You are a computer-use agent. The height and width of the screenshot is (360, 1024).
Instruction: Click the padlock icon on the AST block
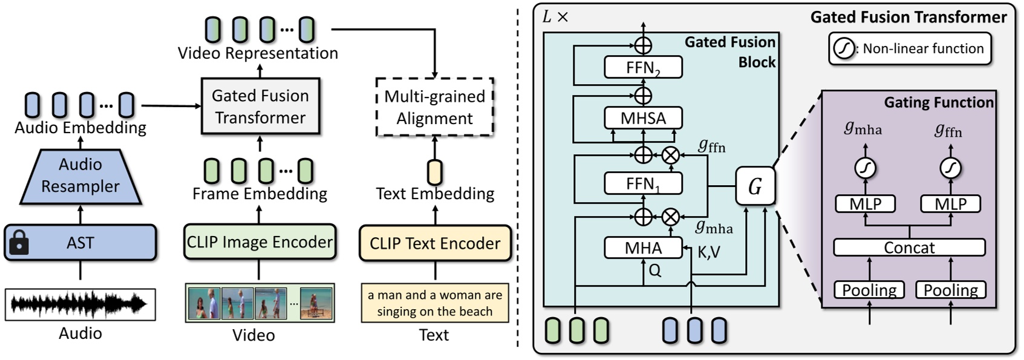point(19,243)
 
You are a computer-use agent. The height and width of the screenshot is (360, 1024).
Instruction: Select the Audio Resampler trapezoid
point(80,175)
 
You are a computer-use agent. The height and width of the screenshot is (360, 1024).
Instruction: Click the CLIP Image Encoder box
point(259,243)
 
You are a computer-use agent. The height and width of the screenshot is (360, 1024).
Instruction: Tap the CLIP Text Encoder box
point(435,243)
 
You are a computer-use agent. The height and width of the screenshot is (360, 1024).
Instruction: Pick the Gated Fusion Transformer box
point(260,106)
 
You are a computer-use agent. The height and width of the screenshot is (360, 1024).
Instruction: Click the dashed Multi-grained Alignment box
point(434,107)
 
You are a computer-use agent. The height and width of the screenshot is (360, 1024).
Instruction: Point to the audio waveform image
point(80,304)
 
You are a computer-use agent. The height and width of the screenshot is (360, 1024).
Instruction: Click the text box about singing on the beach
point(435,303)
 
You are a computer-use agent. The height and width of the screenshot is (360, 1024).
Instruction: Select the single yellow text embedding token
point(434,172)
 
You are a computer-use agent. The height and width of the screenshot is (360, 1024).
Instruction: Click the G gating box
point(755,186)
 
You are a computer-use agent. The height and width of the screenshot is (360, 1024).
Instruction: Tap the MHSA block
point(643,118)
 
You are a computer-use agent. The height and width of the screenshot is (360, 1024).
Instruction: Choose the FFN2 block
point(643,68)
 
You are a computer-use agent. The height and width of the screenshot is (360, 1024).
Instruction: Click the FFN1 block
point(643,183)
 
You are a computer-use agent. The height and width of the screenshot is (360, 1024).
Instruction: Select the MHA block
point(643,248)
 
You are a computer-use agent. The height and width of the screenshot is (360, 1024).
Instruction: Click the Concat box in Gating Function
point(908,247)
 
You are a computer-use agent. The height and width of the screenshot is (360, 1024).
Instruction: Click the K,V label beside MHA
point(709,252)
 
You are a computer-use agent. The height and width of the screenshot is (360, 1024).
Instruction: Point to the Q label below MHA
point(654,271)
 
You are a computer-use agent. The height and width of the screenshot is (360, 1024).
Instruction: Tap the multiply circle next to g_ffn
point(670,155)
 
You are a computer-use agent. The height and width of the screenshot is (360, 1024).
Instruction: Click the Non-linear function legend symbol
point(843,48)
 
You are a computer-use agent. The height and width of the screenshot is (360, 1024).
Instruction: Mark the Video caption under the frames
point(253,335)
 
